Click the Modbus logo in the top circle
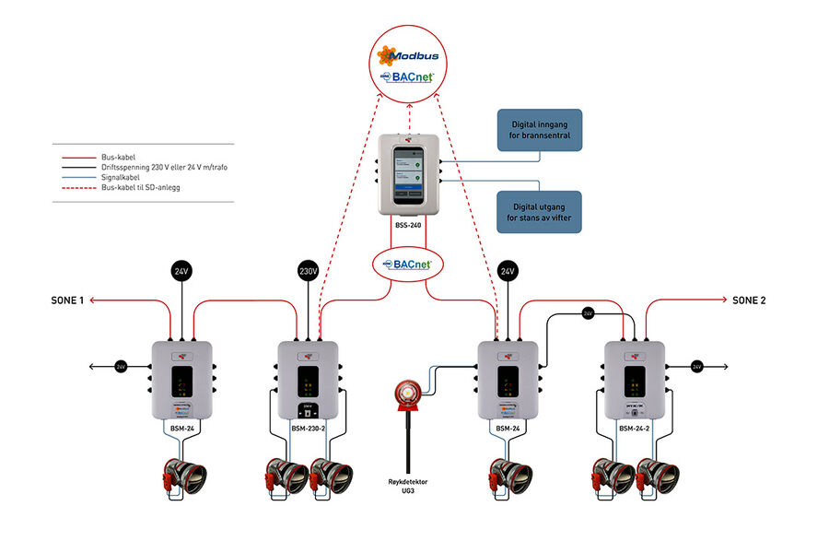click(x=407, y=57)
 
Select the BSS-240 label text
click(x=407, y=223)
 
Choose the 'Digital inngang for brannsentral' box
click(x=540, y=129)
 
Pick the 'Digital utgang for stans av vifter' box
click(x=540, y=212)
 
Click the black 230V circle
click(x=309, y=272)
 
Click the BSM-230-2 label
click(x=309, y=428)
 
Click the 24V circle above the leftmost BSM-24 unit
click(x=181, y=272)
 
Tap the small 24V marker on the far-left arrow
click(x=121, y=367)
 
